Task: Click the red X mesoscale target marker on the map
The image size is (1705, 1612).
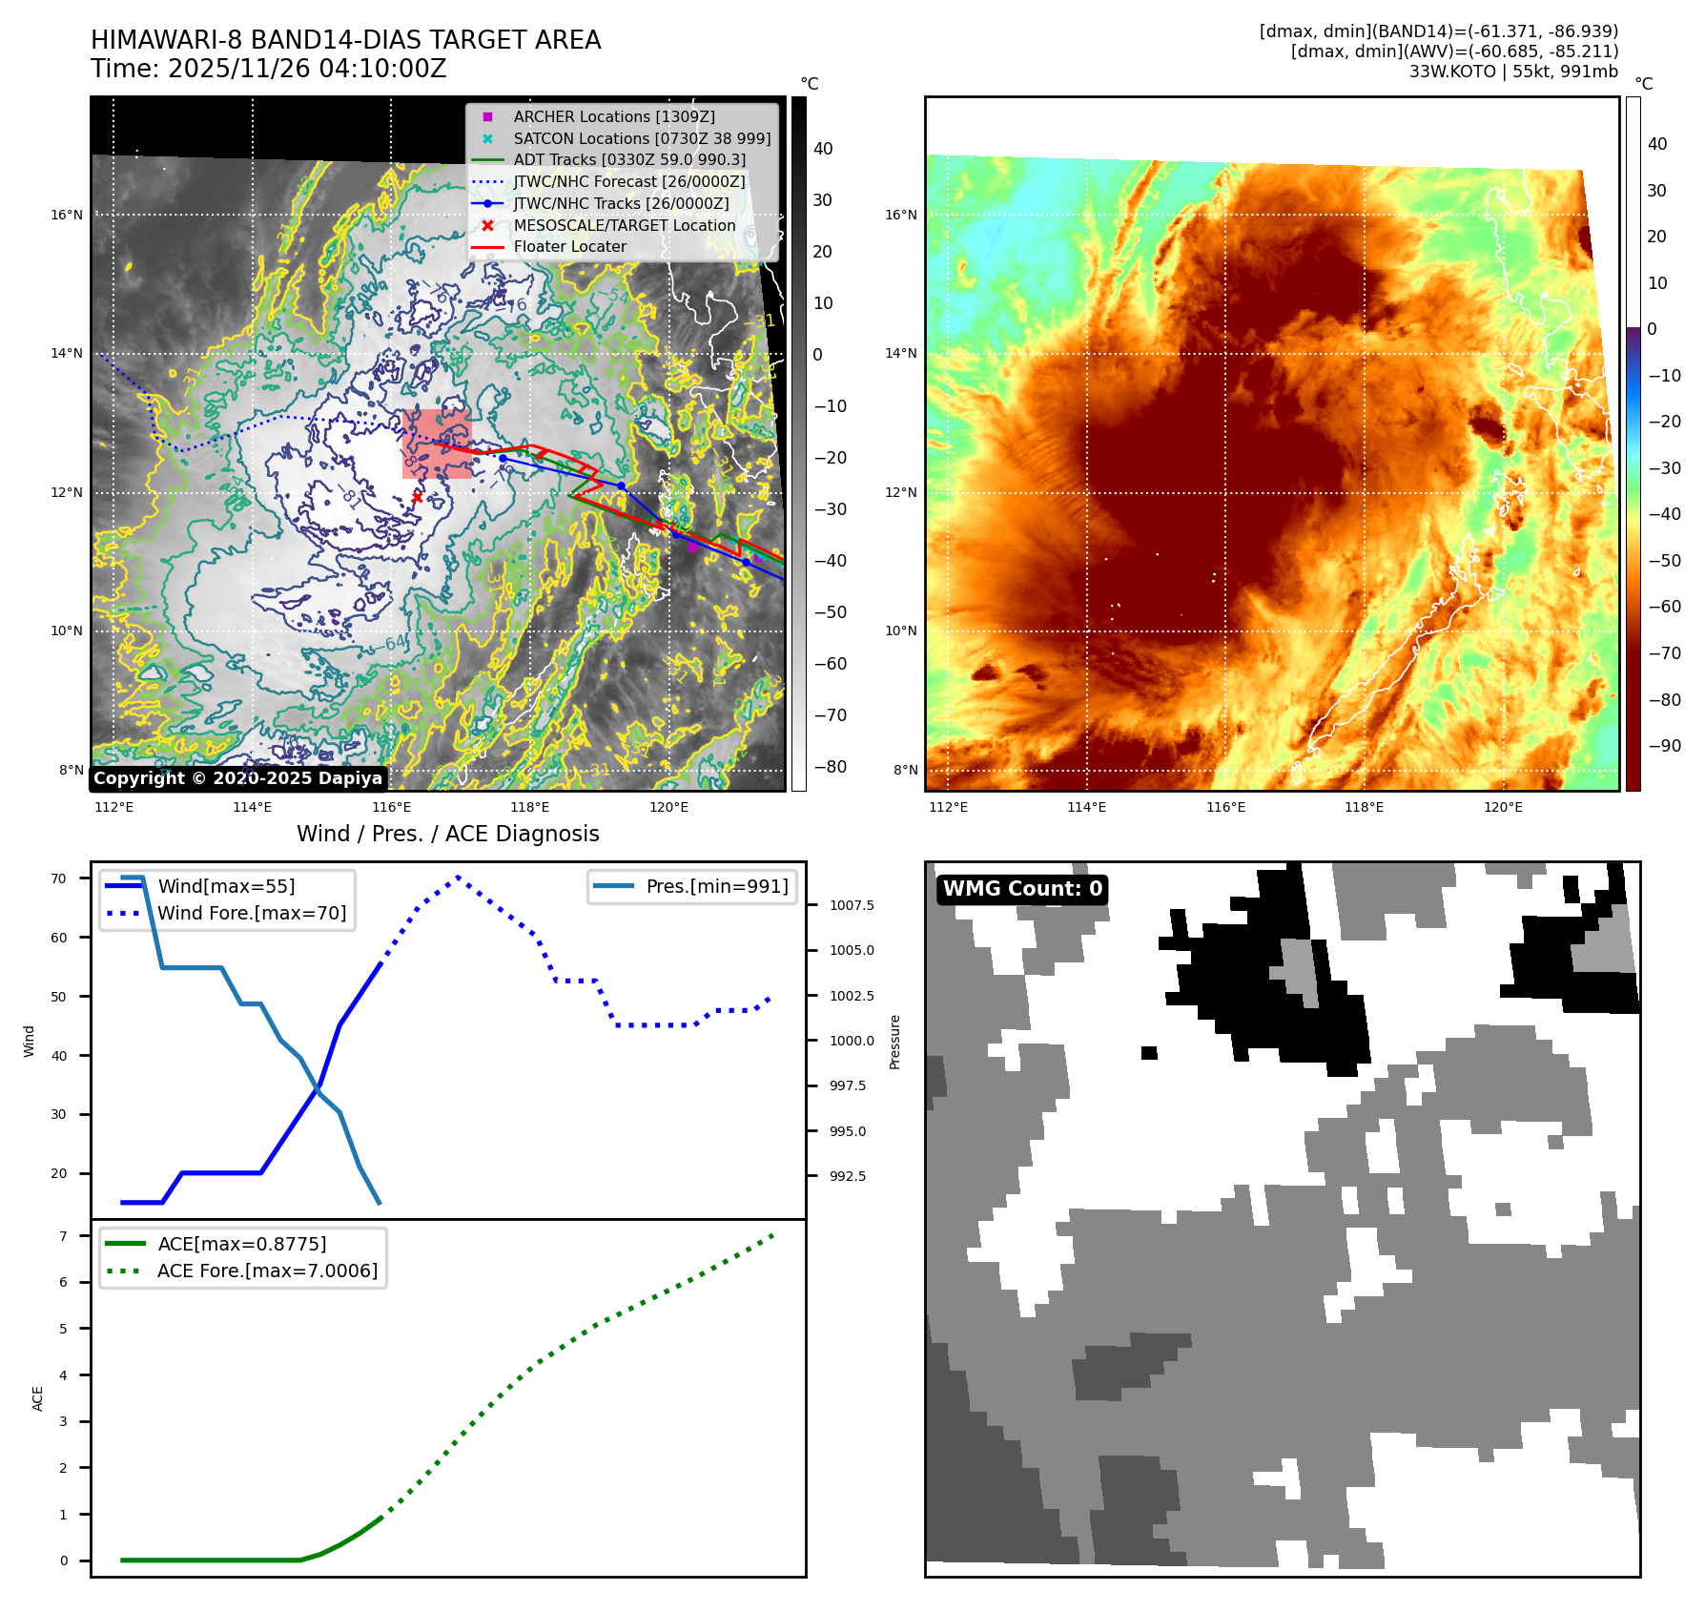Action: (x=417, y=497)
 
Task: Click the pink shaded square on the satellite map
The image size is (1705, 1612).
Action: (x=437, y=444)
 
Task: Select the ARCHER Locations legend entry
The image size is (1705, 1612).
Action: (x=613, y=116)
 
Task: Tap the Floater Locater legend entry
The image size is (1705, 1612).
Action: (x=569, y=247)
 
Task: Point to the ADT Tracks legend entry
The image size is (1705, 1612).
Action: (x=628, y=160)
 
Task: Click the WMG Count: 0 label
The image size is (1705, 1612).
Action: (x=1021, y=889)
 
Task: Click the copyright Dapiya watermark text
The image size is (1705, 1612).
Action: (x=237, y=778)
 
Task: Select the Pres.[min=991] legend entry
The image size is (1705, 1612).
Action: (x=716, y=887)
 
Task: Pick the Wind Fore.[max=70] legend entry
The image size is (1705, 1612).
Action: (x=252, y=914)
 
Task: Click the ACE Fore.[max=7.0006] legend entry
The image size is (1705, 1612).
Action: (x=267, y=1271)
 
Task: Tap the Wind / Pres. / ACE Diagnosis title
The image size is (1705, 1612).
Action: (x=447, y=835)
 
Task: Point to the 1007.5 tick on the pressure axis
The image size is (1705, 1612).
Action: (x=852, y=905)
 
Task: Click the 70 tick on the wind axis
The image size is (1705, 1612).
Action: (x=59, y=878)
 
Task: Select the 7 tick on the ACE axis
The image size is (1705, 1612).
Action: (x=64, y=1236)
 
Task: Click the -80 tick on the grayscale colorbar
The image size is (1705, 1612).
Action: (x=830, y=767)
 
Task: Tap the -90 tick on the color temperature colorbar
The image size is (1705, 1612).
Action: (x=1664, y=746)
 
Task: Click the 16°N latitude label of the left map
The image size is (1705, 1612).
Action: (x=67, y=215)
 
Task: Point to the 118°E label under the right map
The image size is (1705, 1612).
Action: (x=1364, y=807)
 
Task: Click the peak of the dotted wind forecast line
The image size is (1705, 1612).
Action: (x=459, y=877)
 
